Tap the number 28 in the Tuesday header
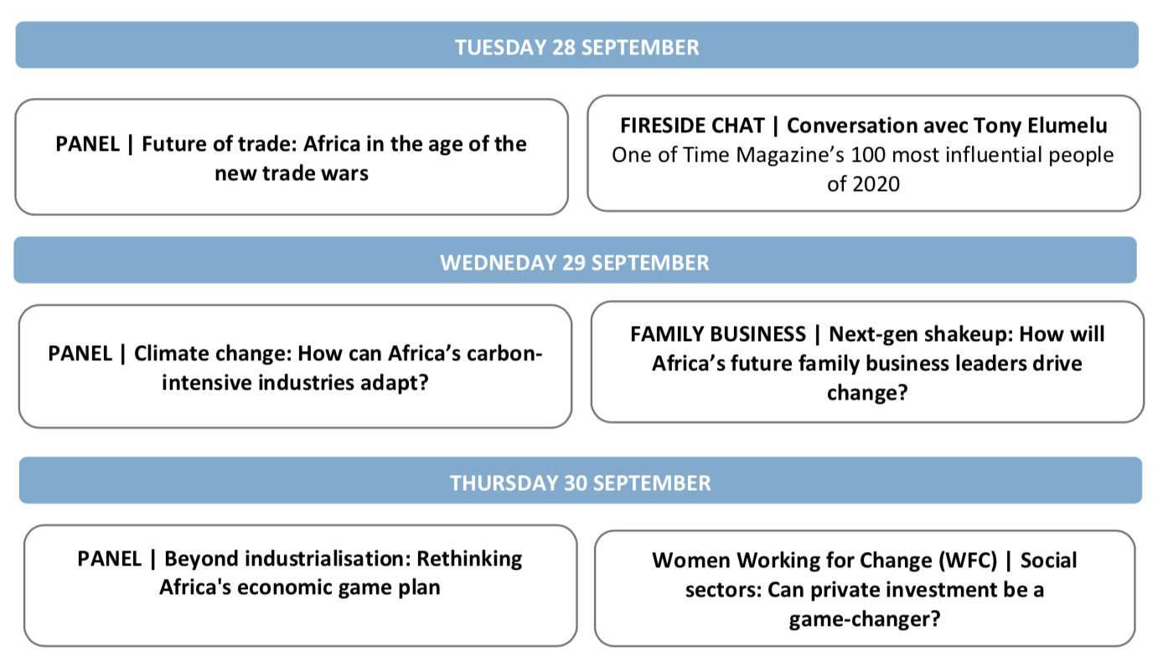point(564,48)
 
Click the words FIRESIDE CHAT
point(692,126)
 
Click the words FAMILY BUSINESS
point(718,334)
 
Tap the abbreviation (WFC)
point(968,561)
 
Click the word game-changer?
point(865,619)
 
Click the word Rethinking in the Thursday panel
point(469,560)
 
